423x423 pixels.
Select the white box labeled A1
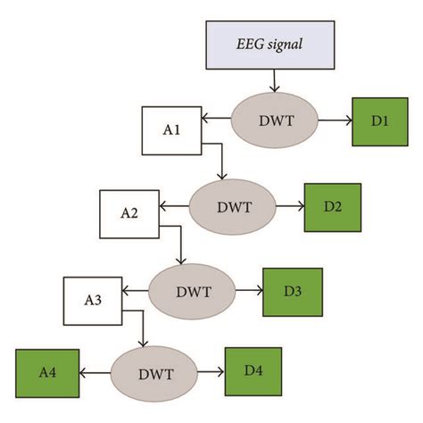171,129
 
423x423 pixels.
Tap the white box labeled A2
130,212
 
